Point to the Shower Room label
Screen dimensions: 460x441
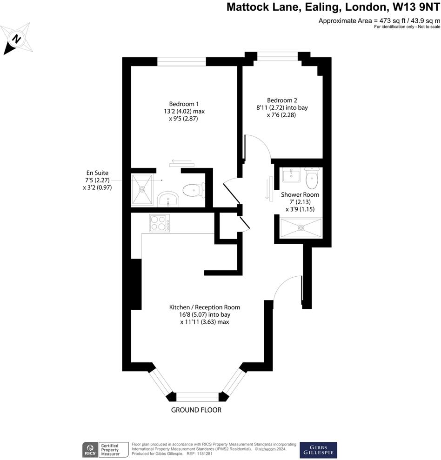point(300,202)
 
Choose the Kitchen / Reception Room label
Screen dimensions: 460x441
point(204,314)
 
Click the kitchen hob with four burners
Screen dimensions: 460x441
point(159,223)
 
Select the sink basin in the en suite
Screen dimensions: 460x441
point(167,199)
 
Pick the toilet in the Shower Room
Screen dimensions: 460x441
point(312,177)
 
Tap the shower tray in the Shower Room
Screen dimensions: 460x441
point(301,228)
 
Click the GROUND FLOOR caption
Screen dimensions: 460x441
point(196,410)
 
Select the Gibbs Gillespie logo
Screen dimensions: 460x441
point(318,450)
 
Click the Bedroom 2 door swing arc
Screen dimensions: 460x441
point(261,144)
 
